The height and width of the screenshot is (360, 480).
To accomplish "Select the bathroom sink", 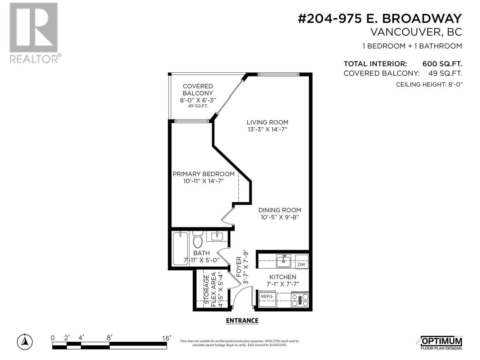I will point(217,236).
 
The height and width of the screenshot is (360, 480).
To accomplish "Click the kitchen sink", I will point(283,261).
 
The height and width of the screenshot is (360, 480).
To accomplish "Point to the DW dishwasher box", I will point(301,264).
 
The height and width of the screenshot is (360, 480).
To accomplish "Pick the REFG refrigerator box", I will point(267,296).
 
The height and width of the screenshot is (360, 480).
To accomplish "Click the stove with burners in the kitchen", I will point(300,299).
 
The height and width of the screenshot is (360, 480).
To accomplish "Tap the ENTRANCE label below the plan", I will point(242,321).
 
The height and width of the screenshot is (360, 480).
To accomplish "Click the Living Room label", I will point(267,122).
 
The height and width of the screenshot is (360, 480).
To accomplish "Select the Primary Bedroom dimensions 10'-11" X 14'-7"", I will point(204,181).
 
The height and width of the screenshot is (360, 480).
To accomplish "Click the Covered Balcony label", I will point(198,90).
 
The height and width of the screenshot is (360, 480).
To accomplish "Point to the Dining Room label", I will point(280,210).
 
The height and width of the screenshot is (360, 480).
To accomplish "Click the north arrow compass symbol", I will point(25,341).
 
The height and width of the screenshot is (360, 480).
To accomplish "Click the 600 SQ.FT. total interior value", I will point(442,64).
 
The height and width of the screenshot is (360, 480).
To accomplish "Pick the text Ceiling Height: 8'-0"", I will point(429,85).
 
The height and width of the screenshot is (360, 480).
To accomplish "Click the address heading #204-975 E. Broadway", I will point(379,19).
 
